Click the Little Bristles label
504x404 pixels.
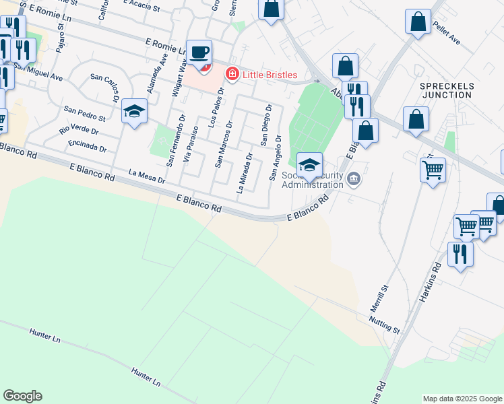[270, 74]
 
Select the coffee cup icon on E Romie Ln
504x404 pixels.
[199, 52]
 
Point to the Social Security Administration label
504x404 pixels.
[312, 180]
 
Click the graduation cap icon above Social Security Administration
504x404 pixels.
[309, 164]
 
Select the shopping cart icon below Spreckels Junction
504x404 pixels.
[432, 169]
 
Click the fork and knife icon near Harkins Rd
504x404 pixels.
[460, 254]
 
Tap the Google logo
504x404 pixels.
[22, 396]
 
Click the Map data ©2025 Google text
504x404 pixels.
[462, 399]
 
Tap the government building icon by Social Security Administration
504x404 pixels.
[355, 179]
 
